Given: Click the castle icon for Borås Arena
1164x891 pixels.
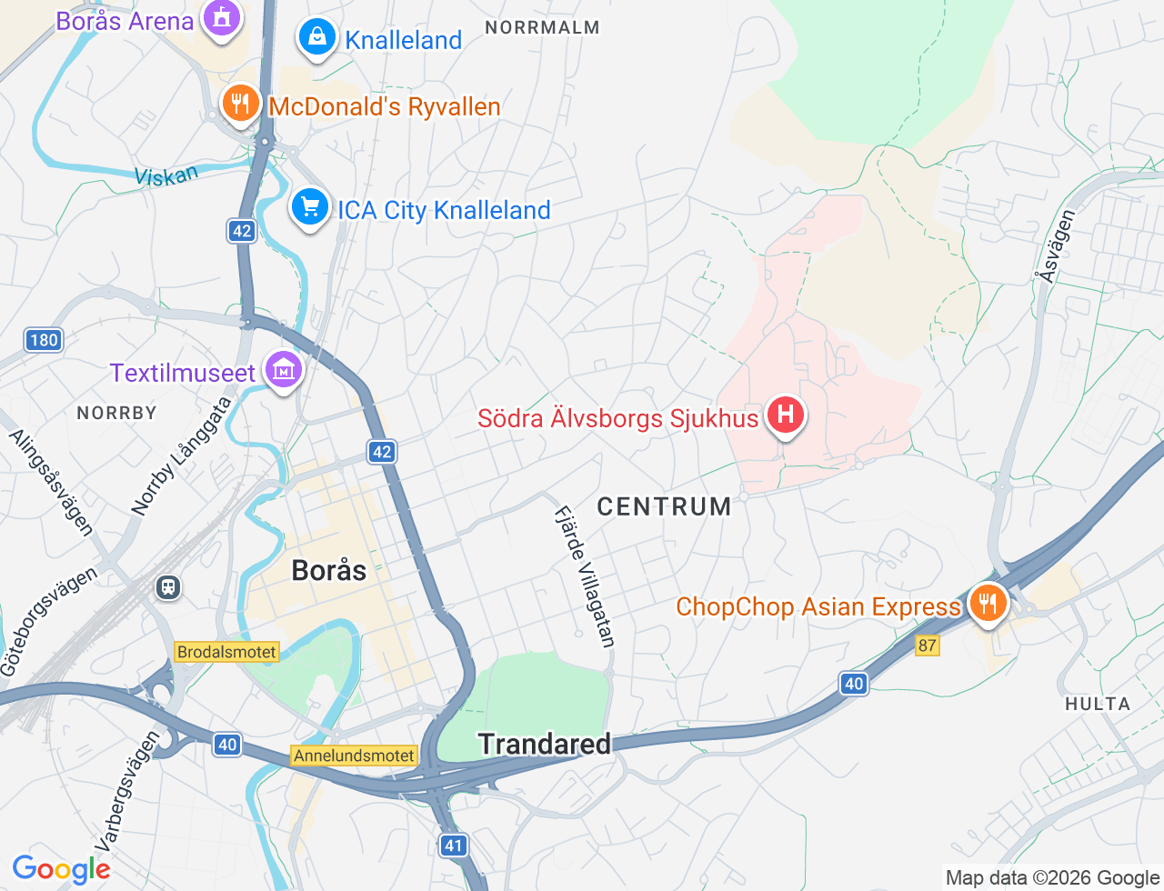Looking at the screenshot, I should [x=221, y=17].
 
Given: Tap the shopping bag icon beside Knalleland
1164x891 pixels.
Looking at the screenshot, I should [x=316, y=37].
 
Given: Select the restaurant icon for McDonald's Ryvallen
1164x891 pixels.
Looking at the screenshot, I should [x=241, y=104].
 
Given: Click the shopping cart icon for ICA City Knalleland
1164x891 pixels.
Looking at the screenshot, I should [x=309, y=207].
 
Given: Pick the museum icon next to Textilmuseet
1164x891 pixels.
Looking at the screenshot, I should [x=283, y=370].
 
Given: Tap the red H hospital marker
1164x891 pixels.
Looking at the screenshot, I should [x=785, y=415].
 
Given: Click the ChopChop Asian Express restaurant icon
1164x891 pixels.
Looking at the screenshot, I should [x=987, y=604].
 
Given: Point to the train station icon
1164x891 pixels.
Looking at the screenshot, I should [x=168, y=587].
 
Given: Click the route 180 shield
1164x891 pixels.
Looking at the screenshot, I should [x=43, y=340].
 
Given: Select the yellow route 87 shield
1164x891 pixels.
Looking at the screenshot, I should [x=927, y=646].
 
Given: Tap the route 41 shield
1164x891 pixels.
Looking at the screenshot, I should [x=453, y=846].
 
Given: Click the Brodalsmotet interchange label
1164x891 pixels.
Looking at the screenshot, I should [x=226, y=652].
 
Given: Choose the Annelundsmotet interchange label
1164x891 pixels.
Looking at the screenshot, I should [x=354, y=756].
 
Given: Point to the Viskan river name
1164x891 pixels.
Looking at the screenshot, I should [x=166, y=175].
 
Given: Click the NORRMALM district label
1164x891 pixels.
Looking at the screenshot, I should [x=542, y=27].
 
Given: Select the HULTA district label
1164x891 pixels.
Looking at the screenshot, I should [x=1098, y=704].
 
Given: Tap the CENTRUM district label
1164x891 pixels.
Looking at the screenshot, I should [x=664, y=506].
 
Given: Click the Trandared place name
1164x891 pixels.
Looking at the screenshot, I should [x=545, y=744].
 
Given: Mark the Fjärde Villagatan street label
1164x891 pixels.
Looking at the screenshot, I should [x=585, y=576].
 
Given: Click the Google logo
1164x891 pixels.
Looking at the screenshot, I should [x=61, y=869].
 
